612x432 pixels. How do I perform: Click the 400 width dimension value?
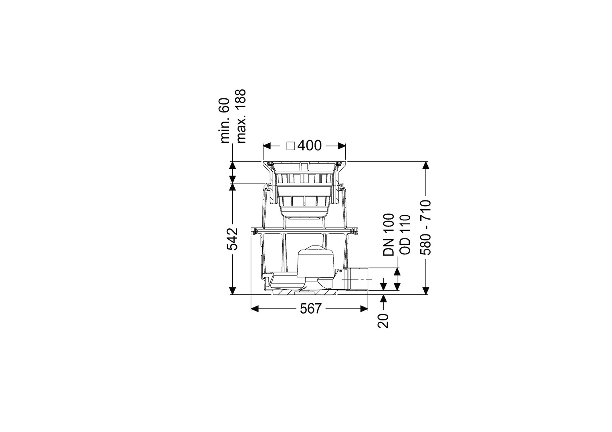[x=309, y=146]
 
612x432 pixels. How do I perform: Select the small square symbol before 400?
[x=290, y=146]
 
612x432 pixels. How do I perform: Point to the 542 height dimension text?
[x=233, y=239]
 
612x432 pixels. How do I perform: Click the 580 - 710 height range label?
[x=426, y=228]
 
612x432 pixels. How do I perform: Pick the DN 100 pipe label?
[x=388, y=235]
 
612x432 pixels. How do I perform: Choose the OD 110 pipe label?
[x=405, y=235]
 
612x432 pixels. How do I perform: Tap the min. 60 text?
[x=225, y=120]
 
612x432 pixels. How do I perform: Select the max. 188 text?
[x=242, y=116]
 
